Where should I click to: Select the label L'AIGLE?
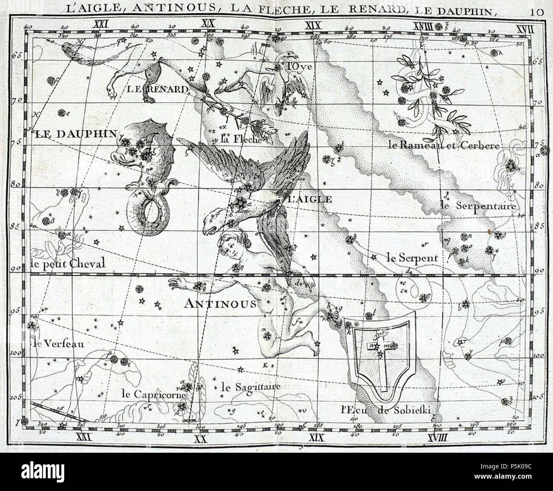pos(305,199)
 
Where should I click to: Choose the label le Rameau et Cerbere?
pos(443,146)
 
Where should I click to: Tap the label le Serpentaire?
pos(478,206)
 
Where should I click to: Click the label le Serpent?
pos(412,258)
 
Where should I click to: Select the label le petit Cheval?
pos(68,264)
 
